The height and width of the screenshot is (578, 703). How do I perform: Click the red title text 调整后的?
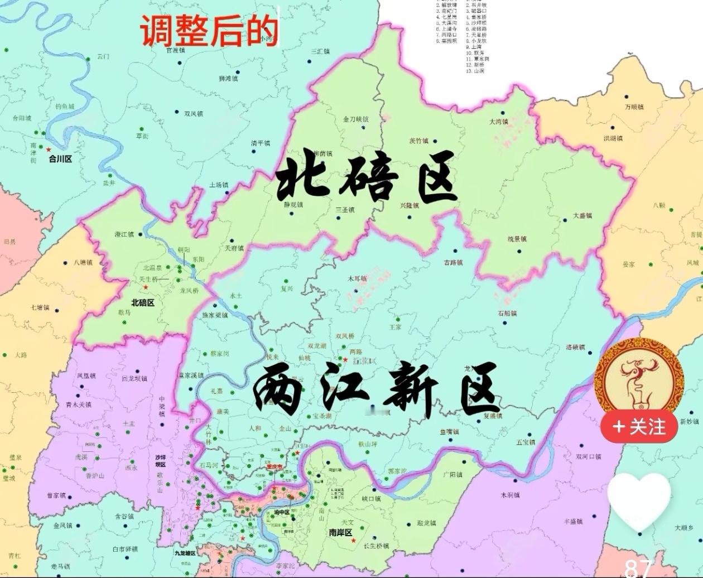(209, 30)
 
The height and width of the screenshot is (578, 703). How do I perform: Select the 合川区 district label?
(60, 159)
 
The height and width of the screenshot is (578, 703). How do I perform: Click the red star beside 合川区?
(49, 150)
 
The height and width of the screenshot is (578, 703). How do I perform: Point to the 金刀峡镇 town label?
(355, 119)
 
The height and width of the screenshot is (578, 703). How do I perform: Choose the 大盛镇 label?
(582, 216)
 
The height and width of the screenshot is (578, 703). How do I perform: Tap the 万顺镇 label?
(634, 107)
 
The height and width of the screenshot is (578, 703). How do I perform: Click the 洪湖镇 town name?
(613, 138)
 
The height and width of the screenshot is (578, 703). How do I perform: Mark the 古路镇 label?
(453, 262)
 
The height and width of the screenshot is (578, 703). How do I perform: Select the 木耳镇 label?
(357, 278)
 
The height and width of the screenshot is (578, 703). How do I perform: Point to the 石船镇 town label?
(507, 314)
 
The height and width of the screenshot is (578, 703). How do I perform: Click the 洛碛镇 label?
(575, 347)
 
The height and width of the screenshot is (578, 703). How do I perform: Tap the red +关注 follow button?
(639, 427)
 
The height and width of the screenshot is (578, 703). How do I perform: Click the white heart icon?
(639, 502)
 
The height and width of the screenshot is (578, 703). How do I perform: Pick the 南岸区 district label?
(340, 533)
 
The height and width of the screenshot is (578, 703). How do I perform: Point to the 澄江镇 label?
(124, 234)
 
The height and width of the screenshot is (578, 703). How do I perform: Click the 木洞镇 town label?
(510, 495)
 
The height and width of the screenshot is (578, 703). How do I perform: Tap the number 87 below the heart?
(638, 568)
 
